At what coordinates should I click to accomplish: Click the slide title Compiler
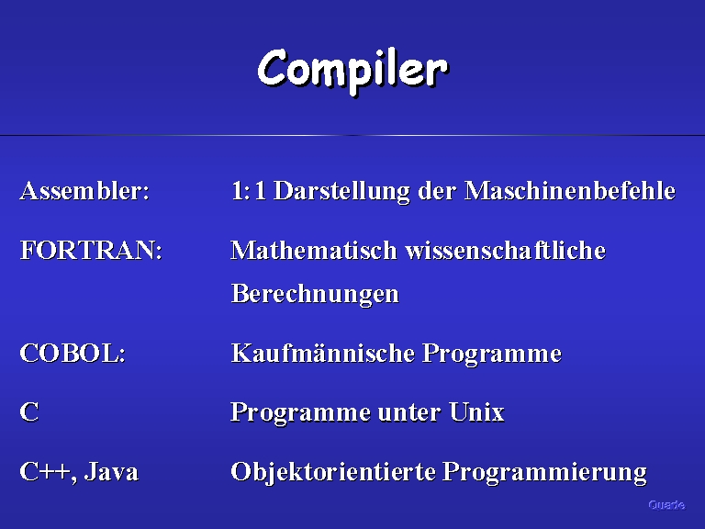point(352,71)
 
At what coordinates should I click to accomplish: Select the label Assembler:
point(84,190)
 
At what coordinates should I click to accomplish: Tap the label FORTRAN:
point(91,250)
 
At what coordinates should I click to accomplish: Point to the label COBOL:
point(73,353)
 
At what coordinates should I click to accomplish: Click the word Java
point(111,471)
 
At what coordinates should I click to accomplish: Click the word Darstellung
point(341,191)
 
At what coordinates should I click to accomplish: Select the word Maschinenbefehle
point(570,190)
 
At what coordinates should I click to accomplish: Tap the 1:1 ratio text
point(248,190)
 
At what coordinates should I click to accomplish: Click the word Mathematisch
point(314,250)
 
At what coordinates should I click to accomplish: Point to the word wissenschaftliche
point(506,250)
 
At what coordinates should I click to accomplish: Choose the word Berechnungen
point(315,294)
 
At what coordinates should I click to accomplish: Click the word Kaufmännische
point(323,353)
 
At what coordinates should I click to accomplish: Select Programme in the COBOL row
point(492,354)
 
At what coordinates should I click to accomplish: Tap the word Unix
point(476,412)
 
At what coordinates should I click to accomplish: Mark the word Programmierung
point(544,472)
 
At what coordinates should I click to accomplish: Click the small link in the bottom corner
point(666,505)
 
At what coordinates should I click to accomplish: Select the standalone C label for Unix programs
point(29,412)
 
